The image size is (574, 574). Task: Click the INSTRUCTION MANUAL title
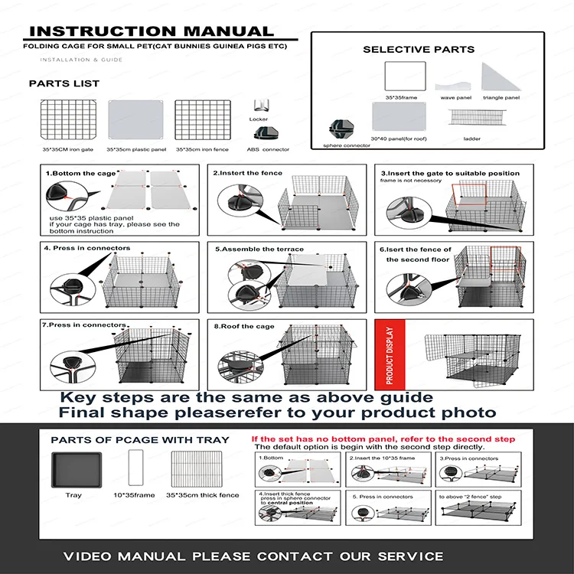click(150, 31)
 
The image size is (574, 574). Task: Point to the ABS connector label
click(268, 149)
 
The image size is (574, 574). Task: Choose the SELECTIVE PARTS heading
click(418, 49)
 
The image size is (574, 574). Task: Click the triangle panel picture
click(500, 77)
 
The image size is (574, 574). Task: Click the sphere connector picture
click(339, 129)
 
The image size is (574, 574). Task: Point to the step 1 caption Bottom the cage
click(76, 174)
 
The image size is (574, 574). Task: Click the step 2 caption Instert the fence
click(247, 173)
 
